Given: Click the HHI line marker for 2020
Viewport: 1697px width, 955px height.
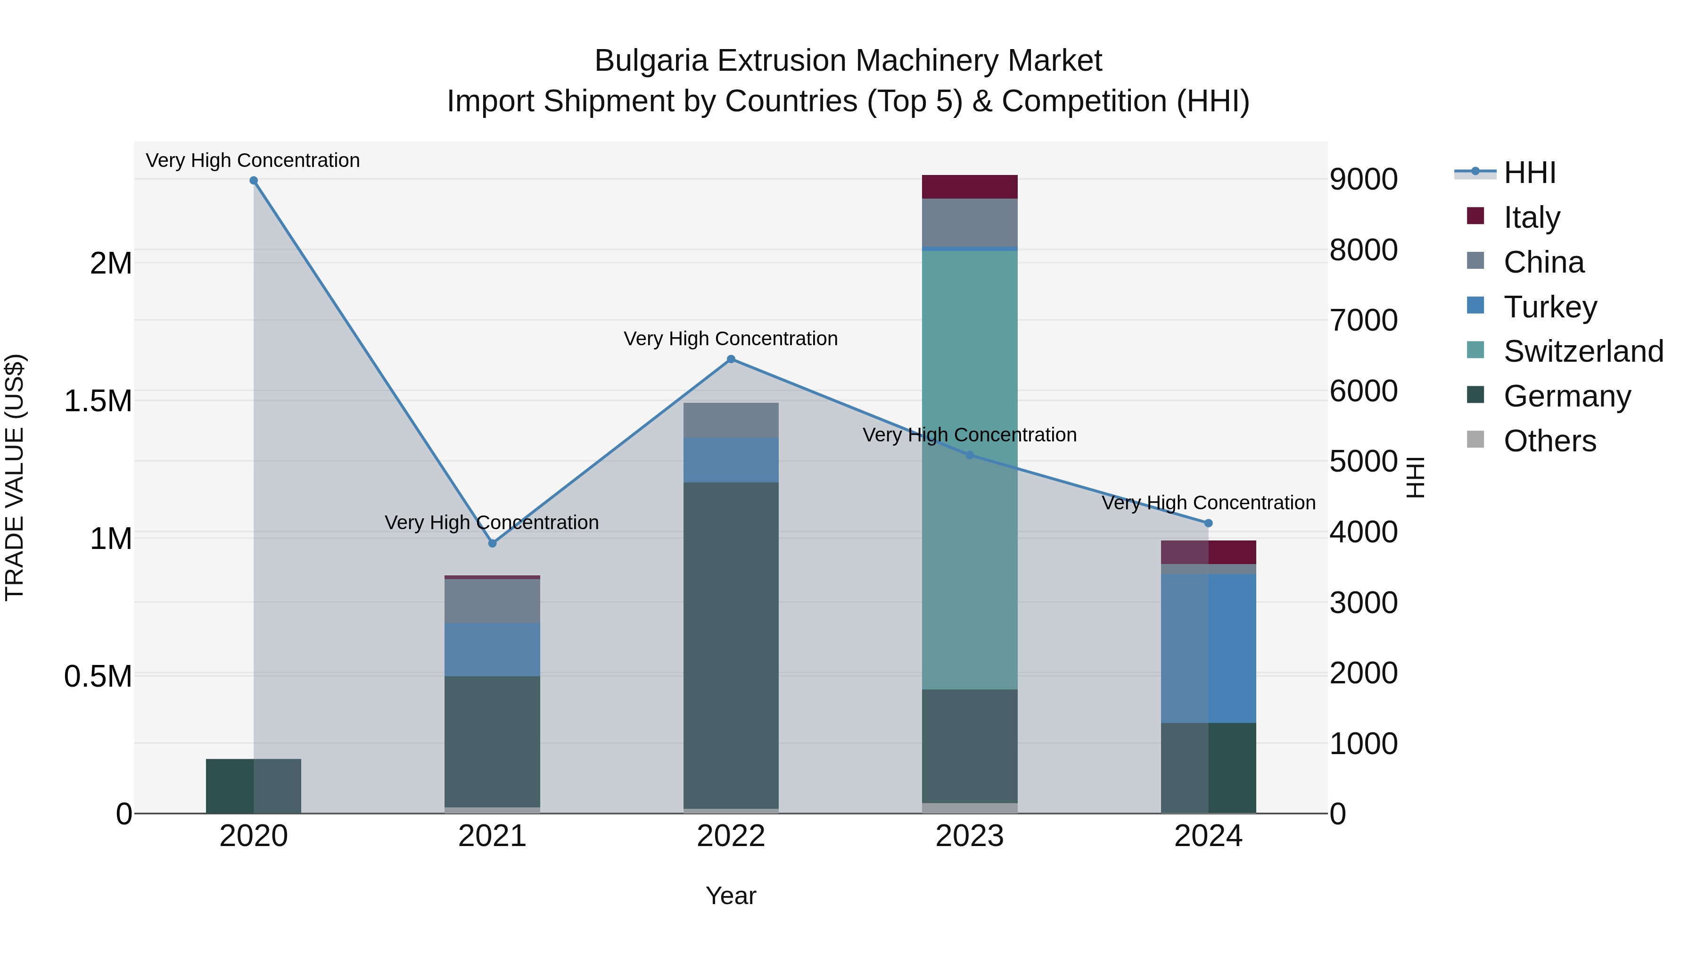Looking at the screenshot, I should pyautogui.click(x=254, y=181).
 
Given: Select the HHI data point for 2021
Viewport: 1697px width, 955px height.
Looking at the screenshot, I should pyautogui.click(x=492, y=544).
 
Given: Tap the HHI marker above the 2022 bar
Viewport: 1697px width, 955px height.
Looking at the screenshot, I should pyautogui.click(x=731, y=359).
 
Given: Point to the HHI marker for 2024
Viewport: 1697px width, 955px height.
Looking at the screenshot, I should pyautogui.click(x=1208, y=523).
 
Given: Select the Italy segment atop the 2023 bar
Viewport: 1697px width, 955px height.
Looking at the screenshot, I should pyautogui.click(x=969, y=186).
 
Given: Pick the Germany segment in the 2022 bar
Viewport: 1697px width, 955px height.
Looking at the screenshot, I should pyautogui.click(x=731, y=646).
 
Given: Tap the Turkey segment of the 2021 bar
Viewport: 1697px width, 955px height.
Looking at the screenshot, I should pyautogui.click(x=492, y=650).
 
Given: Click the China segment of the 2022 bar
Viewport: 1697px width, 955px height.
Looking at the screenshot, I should pyautogui.click(x=731, y=420).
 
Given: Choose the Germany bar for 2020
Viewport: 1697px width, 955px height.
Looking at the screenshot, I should pyautogui.click(x=254, y=786).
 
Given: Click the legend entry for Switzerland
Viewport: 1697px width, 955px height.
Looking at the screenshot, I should pyautogui.click(x=1583, y=351).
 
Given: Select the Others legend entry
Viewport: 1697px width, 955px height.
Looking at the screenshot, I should pyautogui.click(x=1549, y=441).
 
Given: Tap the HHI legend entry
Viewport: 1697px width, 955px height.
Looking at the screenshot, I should pyautogui.click(x=1529, y=173).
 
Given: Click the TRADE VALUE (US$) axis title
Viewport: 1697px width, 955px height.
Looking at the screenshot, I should pyautogui.click(x=15, y=477).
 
